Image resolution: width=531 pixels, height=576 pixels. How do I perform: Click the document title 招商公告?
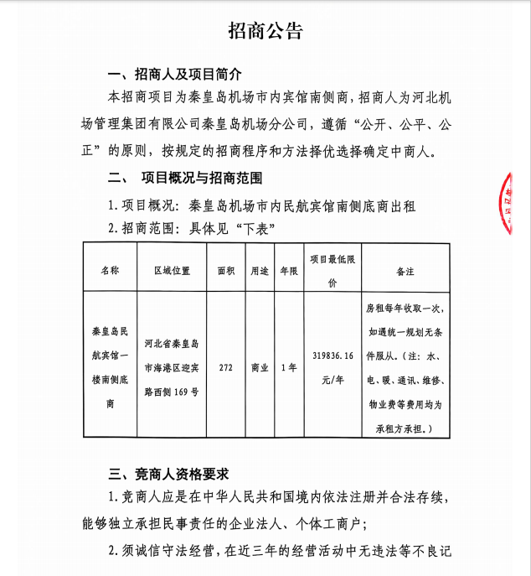point(265,32)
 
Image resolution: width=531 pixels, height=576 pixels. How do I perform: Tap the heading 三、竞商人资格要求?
point(175,473)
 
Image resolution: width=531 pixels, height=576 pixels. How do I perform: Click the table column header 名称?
point(110,271)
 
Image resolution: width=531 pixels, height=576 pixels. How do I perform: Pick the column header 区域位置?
point(172,271)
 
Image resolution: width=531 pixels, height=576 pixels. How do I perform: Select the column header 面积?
point(225,271)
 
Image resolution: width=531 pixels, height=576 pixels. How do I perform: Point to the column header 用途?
point(260,271)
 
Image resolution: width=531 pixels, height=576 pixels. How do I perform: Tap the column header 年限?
point(288,271)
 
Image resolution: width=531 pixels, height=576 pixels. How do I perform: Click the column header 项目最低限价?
point(333,271)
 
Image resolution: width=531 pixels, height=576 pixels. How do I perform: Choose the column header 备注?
point(405,271)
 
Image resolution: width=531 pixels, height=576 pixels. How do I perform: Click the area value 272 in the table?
point(225,367)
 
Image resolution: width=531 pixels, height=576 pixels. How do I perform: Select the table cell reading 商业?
point(260,367)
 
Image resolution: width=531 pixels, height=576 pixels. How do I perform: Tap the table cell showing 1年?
point(288,367)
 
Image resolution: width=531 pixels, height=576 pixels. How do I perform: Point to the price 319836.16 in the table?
point(333,355)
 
